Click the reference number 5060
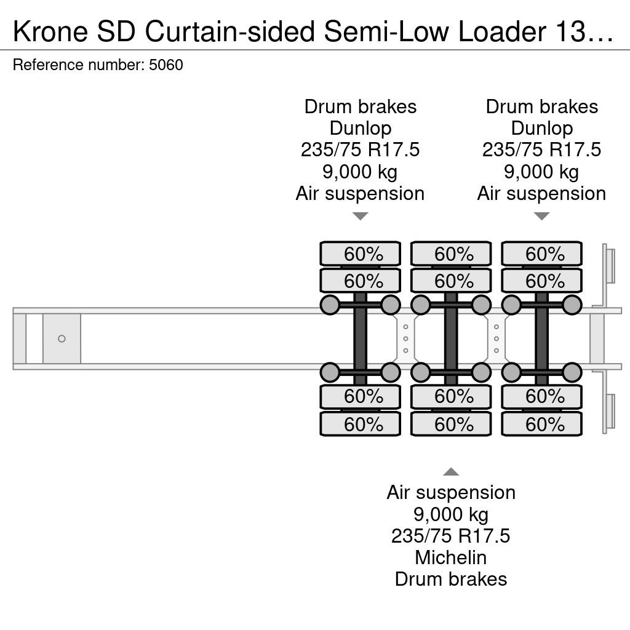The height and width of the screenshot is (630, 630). point(166,65)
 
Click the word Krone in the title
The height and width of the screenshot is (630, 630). point(50,31)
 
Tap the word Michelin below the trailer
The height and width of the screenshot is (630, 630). point(451,557)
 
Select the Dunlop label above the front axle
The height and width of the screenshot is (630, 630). point(361,128)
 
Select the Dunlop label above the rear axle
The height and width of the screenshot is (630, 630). point(541,128)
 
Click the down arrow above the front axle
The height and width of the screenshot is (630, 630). point(361,216)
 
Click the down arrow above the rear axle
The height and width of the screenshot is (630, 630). point(541,216)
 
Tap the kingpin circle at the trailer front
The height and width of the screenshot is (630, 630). point(62,339)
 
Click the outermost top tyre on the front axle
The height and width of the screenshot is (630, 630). point(361,253)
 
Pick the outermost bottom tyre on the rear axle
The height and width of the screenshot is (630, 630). point(541,424)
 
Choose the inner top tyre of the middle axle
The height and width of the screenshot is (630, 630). point(451,281)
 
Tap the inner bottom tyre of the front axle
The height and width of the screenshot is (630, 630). point(361,397)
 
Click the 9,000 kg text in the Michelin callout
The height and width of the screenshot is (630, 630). point(451,514)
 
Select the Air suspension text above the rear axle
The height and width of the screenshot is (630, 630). point(541,194)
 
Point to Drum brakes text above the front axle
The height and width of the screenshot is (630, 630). point(361,106)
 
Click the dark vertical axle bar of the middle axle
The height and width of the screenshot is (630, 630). point(451,339)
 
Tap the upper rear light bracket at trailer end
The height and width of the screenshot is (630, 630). point(608,266)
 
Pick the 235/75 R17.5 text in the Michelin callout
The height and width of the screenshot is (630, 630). point(451,536)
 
